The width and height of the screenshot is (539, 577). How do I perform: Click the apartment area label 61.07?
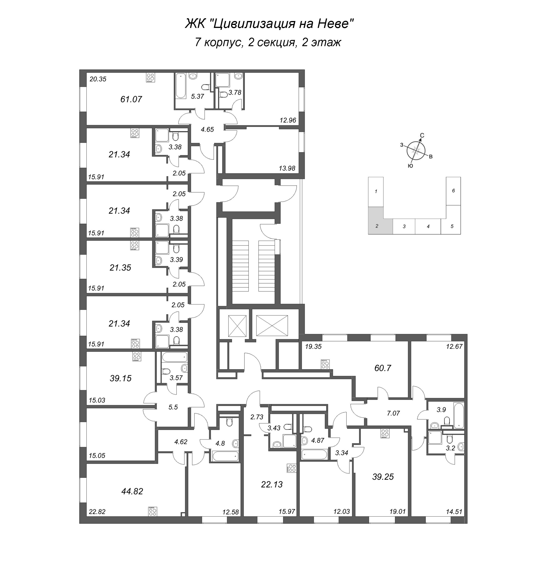point(131,99)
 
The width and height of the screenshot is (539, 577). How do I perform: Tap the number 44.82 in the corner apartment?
point(132,491)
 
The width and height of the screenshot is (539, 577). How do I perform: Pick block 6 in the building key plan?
point(453,191)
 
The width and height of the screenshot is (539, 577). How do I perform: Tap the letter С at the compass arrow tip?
point(422,135)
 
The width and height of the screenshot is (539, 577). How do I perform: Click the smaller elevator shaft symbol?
point(237,326)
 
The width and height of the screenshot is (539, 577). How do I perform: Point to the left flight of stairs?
point(240,266)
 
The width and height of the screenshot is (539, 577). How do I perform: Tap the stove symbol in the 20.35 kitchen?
point(150,78)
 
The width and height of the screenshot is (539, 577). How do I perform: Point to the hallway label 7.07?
point(393,413)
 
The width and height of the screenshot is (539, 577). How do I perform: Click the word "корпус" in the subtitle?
point(223,43)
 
